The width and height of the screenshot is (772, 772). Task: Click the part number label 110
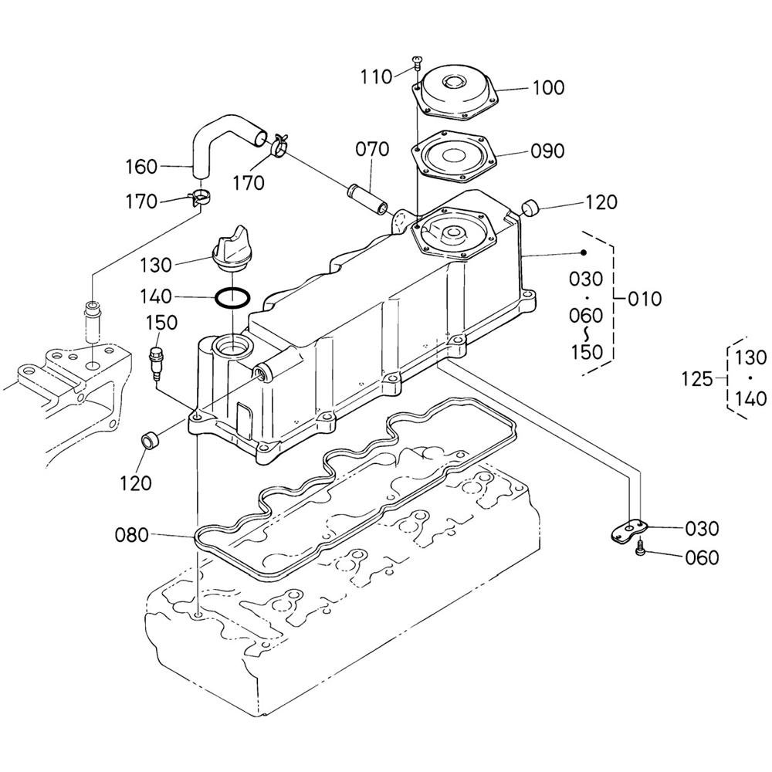tap(376, 76)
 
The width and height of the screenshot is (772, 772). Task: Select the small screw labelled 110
tap(417, 63)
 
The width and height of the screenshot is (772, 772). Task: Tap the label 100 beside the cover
tap(548, 88)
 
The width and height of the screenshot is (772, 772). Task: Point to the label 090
tap(547, 151)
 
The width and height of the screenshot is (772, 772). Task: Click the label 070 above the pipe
tap(372, 149)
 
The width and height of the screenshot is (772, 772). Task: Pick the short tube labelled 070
tap(368, 198)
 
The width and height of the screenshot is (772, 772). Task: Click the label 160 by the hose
tap(141, 167)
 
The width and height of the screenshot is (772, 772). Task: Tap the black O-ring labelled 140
tap(232, 298)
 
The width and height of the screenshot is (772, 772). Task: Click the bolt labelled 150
tap(157, 364)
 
